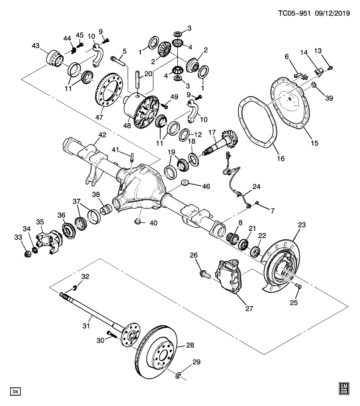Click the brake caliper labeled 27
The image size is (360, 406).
(x=229, y=279)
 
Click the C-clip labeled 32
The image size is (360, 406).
(x=74, y=288)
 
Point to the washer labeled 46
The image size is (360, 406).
(x=184, y=183)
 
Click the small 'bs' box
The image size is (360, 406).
(x=16, y=391)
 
